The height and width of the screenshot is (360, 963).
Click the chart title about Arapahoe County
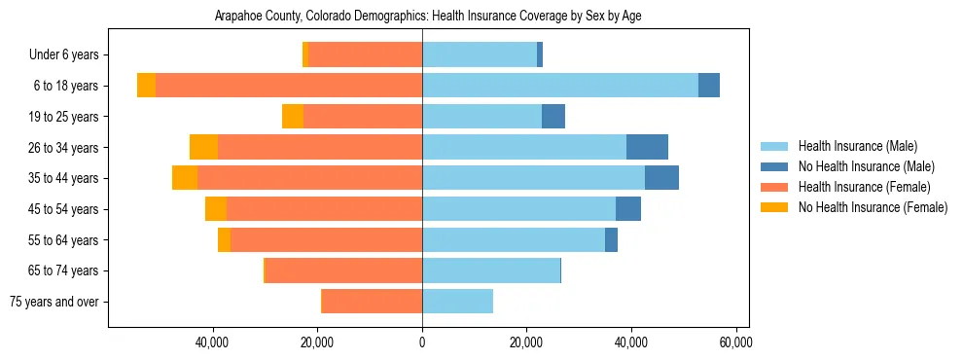(x=421, y=17)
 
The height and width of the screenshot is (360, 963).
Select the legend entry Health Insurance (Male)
(x=856, y=146)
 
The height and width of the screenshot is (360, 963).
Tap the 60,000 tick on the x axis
(x=735, y=343)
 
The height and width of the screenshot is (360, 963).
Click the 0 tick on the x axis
(x=422, y=343)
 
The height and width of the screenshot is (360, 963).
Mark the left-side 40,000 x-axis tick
(x=212, y=343)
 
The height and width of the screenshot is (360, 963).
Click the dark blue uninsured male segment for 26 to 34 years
(x=647, y=147)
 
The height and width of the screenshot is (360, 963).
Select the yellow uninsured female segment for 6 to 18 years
(x=146, y=86)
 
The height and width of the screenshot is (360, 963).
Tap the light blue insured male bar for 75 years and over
(x=457, y=302)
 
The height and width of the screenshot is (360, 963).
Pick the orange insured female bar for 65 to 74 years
(x=343, y=270)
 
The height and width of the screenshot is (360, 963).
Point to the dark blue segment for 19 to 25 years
(x=553, y=117)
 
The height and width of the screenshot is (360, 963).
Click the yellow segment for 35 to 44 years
(x=185, y=178)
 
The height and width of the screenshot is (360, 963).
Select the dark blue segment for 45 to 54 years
(x=628, y=209)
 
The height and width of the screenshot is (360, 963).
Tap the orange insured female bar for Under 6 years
(x=365, y=55)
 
